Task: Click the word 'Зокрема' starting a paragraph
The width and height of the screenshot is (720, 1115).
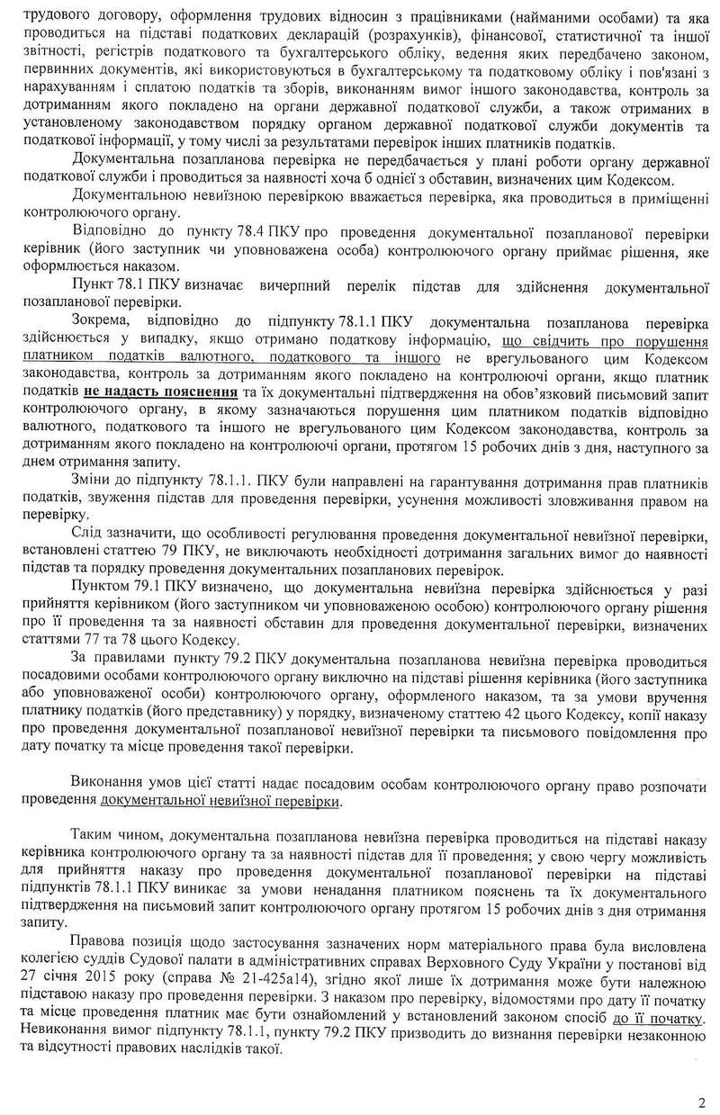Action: coord(97,322)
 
